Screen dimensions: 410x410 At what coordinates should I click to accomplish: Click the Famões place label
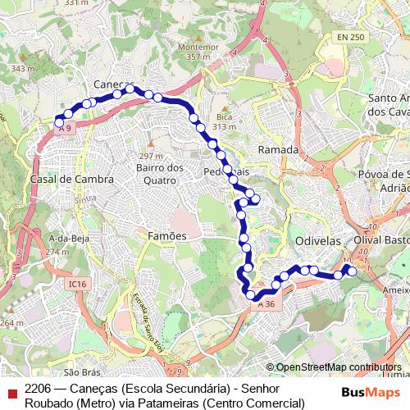point(167,235)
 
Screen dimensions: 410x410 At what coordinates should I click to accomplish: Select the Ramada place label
point(277,150)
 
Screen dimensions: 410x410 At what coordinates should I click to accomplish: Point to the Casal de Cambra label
point(66,179)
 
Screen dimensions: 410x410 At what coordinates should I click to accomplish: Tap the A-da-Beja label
point(69,238)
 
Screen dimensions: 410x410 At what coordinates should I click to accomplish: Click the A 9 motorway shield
point(65,129)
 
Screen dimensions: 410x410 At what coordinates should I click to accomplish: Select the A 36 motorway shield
point(265,304)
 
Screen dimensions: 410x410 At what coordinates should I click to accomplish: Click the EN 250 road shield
point(348,38)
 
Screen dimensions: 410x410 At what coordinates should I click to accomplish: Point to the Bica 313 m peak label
point(225,122)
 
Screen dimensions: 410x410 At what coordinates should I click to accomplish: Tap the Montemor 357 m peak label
point(193,52)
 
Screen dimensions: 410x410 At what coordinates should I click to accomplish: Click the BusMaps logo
point(371,392)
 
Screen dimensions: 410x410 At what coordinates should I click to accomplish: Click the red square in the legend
point(11,394)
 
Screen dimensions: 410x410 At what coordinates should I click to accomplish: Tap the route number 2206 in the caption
point(39,388)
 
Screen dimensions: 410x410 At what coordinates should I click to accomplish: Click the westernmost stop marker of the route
point(59,124)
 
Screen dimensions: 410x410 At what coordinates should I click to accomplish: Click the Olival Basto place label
point(381,240)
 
